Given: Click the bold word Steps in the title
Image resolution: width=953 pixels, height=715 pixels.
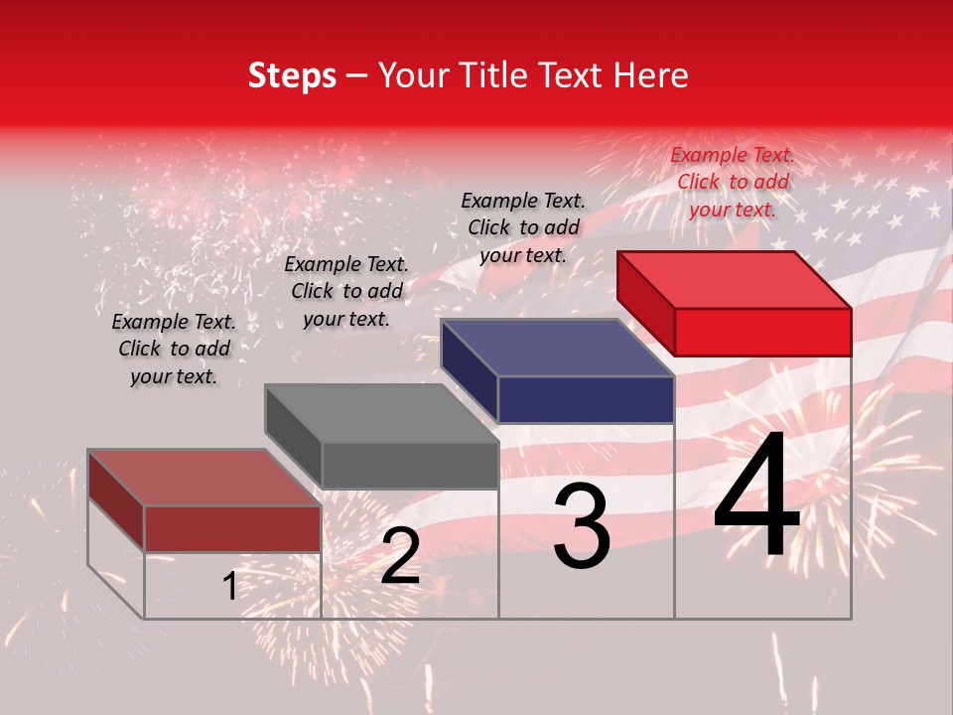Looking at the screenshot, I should tap(292, 76).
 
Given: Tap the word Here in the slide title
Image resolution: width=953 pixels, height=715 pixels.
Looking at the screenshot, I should tap(649, 76).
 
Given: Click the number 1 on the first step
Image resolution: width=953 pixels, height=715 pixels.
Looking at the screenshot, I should tap(229, 587).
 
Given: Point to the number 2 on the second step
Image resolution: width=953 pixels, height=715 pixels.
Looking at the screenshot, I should tap(399, 557).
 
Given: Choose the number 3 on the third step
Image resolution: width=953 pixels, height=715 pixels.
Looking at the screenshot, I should tap(581, 527).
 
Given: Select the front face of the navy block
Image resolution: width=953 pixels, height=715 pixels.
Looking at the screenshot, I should tap(586, 400).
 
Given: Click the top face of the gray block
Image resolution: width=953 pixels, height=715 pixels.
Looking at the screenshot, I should tap(382, 413).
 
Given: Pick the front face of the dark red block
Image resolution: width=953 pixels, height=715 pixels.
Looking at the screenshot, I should tap(232, 528).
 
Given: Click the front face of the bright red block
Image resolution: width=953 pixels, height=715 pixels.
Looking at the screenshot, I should tap(762, 332).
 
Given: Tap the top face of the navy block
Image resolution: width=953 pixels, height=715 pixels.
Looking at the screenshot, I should tap(558, 348).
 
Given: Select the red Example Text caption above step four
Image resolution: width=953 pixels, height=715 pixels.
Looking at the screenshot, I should tap(733, 182).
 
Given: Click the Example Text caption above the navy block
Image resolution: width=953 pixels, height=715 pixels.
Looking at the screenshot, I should tap(523, 227).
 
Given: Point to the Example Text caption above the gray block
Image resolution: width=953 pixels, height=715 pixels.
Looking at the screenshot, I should tap(346, 291).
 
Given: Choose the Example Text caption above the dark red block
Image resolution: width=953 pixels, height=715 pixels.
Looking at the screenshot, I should tap(174, 349).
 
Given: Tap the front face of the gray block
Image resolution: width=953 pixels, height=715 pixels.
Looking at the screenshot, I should tap(409, 466).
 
